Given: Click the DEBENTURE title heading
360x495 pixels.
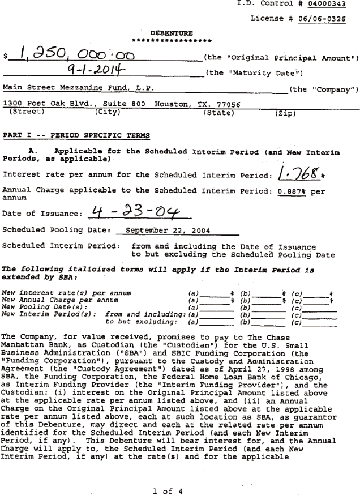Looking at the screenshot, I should tap(172, 32).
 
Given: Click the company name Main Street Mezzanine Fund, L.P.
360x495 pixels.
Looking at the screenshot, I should tap(75, 88).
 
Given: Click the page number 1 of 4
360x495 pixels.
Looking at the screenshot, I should tap(168, 490).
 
